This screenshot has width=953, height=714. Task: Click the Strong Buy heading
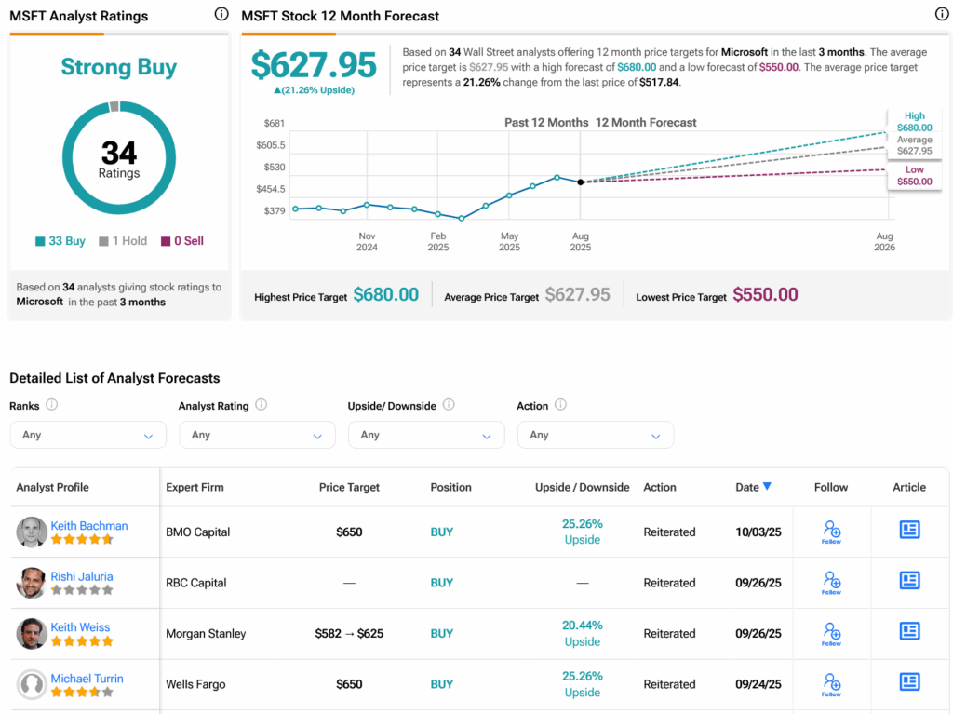(x=118, y=67)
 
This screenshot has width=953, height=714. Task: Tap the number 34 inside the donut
(x=119, y=152)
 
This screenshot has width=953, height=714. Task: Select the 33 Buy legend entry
(x=60, y=241)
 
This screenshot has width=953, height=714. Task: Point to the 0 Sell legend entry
(x=182, y=241)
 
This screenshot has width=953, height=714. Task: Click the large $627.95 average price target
(x=314, y=65)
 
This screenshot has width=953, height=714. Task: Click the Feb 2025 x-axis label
(x=438, y=242)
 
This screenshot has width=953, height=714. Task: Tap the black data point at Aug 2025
(x=581, y=182)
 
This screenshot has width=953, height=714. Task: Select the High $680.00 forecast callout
(x=914, y=122)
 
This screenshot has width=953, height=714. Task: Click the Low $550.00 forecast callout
(x=914, y=176)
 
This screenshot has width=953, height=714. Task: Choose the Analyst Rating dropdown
(x=257, y=435)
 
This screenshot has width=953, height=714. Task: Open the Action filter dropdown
(x=595, y=435)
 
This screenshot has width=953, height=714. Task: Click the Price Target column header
(x=349, y=487)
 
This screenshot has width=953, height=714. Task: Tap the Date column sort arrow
(x=767, y=487)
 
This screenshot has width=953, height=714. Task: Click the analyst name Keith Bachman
(x=89, y=526)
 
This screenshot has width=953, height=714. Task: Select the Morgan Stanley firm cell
(x=206, y=634)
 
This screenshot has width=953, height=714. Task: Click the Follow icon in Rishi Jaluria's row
(x=831, y=583)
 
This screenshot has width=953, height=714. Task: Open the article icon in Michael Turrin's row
(x=909, y=682)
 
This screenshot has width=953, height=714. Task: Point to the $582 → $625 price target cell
(x=349, y=634)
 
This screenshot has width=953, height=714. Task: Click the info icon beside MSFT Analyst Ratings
(x=221, y=14)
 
